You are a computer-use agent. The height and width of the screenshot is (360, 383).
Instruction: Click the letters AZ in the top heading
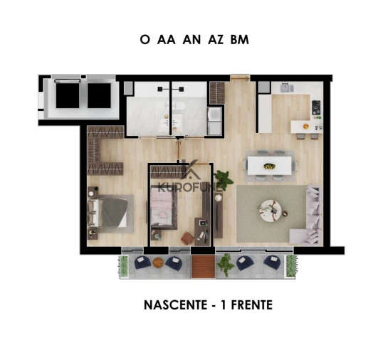(215, 41)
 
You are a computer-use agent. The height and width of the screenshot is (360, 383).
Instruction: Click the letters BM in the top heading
(239, 41)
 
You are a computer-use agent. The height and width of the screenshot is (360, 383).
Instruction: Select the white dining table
(271, 166)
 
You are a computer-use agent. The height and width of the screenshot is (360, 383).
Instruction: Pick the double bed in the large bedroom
(107, 211)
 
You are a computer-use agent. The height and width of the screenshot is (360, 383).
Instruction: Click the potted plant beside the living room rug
(223, 179)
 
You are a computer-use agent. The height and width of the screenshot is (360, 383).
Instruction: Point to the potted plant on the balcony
(226, 265)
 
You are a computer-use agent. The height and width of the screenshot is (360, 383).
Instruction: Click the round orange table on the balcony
(158, 263)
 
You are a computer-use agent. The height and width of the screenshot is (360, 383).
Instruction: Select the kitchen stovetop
(315, 108)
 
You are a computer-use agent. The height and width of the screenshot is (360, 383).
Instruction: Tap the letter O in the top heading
(145, 41)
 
